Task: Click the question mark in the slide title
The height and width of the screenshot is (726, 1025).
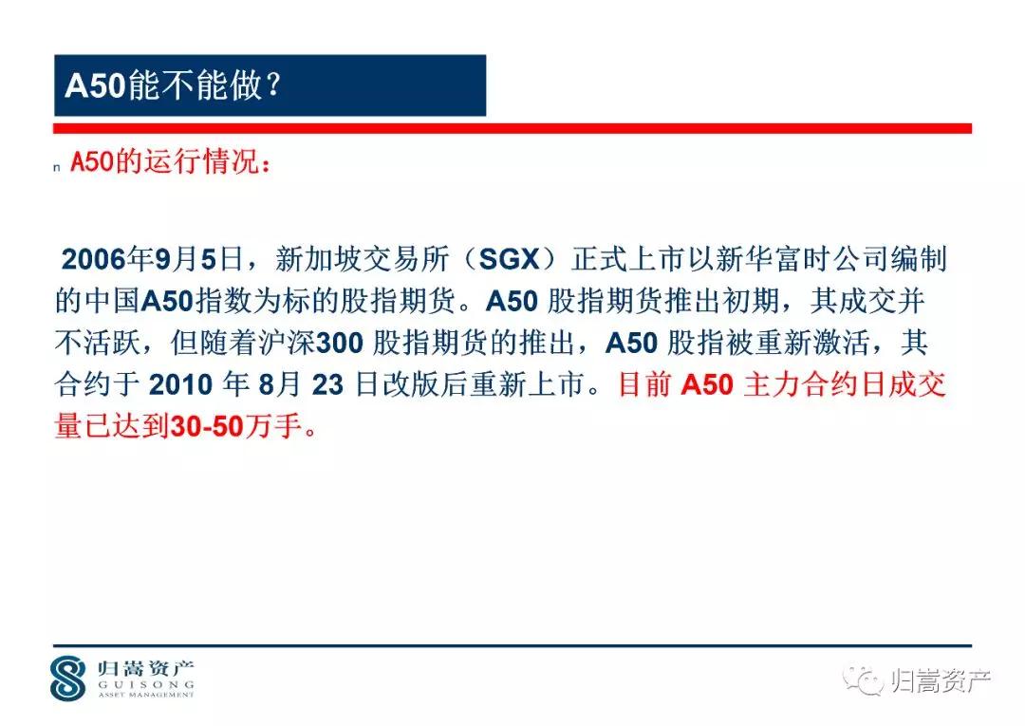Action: click(271, 86)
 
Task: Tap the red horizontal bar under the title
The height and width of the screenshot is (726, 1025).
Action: click(512, 128)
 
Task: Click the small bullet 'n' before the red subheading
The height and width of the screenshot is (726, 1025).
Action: click(58, 168)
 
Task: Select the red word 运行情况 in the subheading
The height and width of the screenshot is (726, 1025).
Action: click(197, 162)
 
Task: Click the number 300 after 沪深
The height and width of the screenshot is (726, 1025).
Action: click(339, 343)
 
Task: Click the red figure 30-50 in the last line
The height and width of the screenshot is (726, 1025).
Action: click(204, 427)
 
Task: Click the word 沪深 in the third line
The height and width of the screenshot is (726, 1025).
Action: click(291, 343)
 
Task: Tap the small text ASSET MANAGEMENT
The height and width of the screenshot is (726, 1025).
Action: click(145, 695)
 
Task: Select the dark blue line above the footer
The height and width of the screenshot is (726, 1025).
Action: click(512, 645)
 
